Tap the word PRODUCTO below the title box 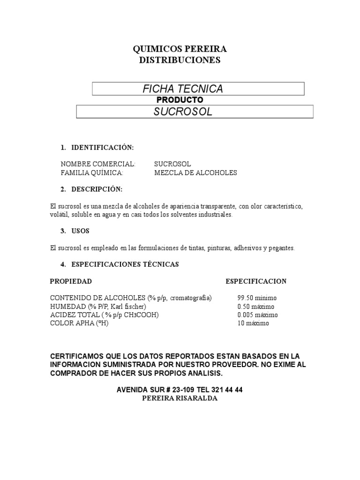pyautogui.click(x=180, y=100)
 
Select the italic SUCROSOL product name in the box pyautogui.click(x=183, y=112)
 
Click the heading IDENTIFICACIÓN pyautogui.click(x=102, y=148)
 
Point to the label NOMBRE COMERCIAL pyautogui.click(x=98, y=164)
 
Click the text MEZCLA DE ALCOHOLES pyautogui.click(x=195, y=172)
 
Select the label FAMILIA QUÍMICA pyautogui.click(x=92, y=172)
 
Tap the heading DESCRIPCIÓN pyautogui.click(x=97, y=189)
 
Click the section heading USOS pyautogui.click(x=80, y=231)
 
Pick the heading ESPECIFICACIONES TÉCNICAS pyautogui.click(x=125, y=264)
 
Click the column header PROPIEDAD pyautogui.click(x=71, y=281)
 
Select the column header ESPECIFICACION pyautogui.click(x=256, y=281)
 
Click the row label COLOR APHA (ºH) pyautogui.click(x=79, y=323)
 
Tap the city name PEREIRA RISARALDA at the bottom pyautogui.click(x=180, y=398)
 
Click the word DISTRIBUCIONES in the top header pyautogui.click(x=180, y=60)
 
